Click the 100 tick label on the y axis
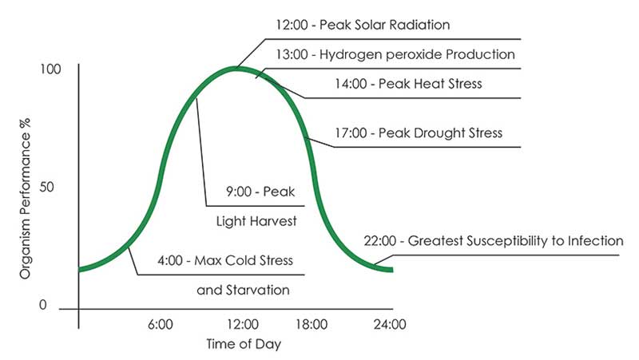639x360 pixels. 50,69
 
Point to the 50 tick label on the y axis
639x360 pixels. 50,187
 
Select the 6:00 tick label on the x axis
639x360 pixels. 160,325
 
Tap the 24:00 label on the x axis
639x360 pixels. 390,325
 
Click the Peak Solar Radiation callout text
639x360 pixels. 383,25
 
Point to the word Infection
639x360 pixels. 593,240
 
